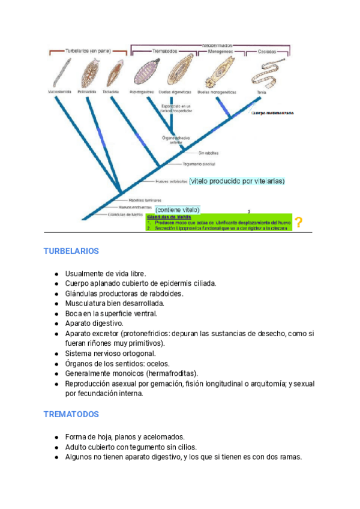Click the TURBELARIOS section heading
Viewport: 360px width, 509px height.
(71, 251)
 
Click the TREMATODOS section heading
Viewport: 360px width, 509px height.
(71, 414)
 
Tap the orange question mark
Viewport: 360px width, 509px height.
(298, 223)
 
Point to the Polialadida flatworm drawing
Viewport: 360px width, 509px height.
(88, 72)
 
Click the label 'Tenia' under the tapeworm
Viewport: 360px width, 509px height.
(261, 92)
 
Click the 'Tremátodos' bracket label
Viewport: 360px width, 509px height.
(164, 52)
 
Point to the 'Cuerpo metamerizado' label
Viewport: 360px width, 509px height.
(273, 112)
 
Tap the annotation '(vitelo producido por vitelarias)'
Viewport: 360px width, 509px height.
(236, 181)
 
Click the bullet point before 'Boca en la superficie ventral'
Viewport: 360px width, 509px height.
(56, 313)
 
